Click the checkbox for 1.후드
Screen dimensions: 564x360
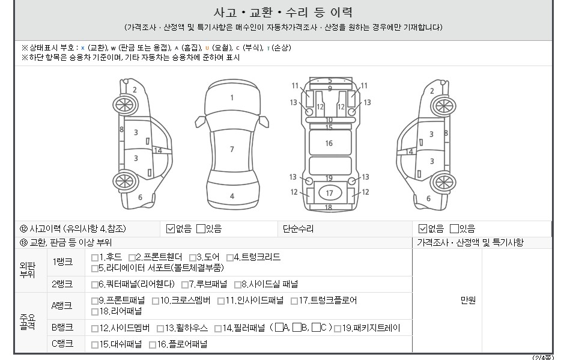tap(94, 258)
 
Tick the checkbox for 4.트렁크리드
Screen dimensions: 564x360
tap(230, 258)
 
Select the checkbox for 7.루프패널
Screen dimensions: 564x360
tap(185, 285)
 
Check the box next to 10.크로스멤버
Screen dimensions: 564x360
tap(156, 301)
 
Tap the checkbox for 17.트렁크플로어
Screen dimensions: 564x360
tap(294, 301)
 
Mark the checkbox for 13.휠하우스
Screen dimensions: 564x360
tap(160, 328)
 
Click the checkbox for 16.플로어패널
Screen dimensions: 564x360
tap(153, 345)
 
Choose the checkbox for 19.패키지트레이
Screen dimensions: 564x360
tap(338, 328)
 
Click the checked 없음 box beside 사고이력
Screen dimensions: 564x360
tap(171, 228)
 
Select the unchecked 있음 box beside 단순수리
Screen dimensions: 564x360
tap(454, 228)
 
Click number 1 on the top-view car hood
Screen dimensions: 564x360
tap(232, 97)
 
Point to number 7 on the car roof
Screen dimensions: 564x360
tap(232, 149)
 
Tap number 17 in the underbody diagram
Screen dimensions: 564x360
tap(330, 194)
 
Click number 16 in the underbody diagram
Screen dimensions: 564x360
tap(329, 143)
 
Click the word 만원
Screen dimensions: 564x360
tap(468, 301)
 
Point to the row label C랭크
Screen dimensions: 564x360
tap(62, 343)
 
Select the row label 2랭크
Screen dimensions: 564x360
tap(62, 284)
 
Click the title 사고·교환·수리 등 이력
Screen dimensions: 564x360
tap(283, 13)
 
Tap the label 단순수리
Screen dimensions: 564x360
tap(298, 228)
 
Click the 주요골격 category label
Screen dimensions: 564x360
tap(28, 322)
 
